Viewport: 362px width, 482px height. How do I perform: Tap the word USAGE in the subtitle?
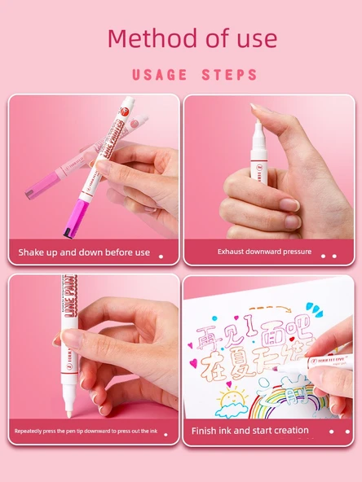(159, 75)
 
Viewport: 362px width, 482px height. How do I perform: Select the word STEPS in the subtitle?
(229, 75)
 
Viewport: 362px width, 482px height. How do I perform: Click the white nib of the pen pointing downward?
(69, 401)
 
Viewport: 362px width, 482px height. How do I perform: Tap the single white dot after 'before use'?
(161, 256)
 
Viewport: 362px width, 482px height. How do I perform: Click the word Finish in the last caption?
(204, 430)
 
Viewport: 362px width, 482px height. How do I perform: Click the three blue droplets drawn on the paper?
(316, 313)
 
